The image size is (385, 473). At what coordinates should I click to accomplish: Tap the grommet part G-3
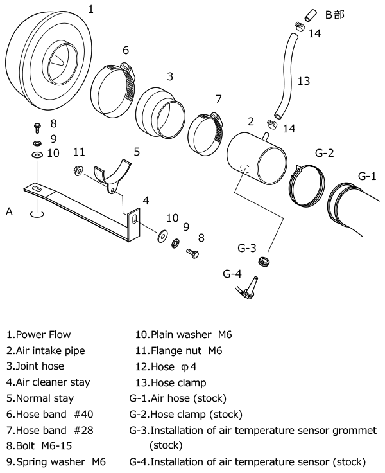pyautogui.click(x=262, y=262)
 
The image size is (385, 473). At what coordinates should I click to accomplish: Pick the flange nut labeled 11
pyautogui.click(x=78, y=170)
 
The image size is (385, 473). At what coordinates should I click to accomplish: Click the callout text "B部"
pyautogui.click(x=334, y=14)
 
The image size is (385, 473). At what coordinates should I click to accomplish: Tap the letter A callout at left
pyautogui.click(x=9, y=211)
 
